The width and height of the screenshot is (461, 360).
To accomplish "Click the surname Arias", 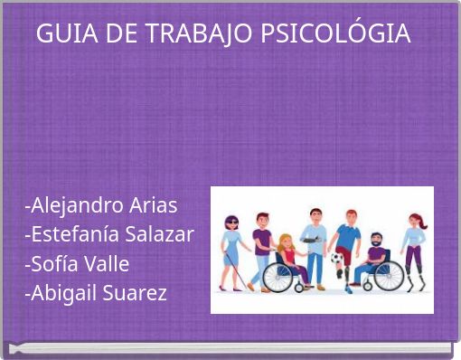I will pos(155,205).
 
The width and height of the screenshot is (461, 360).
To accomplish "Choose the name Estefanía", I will pos(77,235).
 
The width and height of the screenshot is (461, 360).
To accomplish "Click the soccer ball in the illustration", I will pos(337,259).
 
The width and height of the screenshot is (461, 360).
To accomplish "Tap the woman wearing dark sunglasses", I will pos(234,249).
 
